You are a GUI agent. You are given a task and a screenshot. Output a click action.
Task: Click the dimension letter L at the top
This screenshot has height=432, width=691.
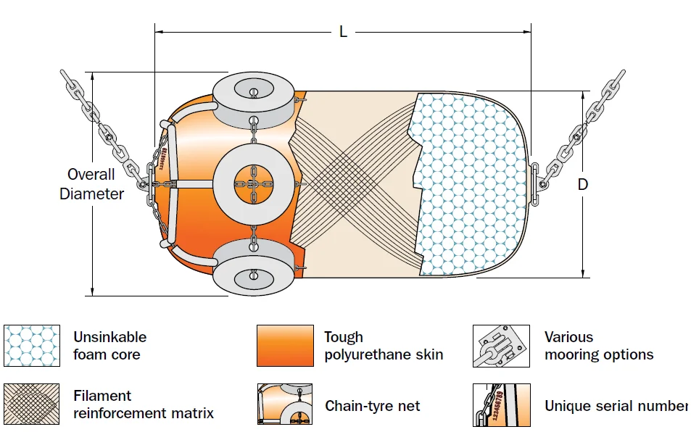[x=343, y=32]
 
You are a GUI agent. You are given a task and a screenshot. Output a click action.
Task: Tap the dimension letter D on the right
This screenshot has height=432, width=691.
[x=582, y=184]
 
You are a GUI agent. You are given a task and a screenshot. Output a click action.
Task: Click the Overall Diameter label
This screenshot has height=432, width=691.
[x=91, y=184]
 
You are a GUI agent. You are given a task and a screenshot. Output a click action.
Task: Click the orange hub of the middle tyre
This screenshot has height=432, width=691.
[x=253, y=185]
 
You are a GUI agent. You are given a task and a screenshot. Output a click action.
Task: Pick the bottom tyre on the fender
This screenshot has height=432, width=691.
[x=254, y=267]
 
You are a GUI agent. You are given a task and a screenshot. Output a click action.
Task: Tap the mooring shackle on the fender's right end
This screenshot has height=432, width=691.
[x=534, y=184]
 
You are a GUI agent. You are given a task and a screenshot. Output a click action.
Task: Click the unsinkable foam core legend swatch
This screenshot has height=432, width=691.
[x=32, y=346]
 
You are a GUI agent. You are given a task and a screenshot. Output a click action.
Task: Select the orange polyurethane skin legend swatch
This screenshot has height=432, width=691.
[x=285, y=346]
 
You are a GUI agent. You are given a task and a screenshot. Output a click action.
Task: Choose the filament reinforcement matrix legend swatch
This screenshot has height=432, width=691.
[x=31, y=404]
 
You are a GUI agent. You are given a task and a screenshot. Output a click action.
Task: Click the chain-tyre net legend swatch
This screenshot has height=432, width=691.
[x=285, y=404]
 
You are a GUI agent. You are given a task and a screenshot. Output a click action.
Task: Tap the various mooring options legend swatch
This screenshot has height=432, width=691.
[x=501, y=346]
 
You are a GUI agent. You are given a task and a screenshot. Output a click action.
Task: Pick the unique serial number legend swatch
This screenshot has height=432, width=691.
[x=502, y=404]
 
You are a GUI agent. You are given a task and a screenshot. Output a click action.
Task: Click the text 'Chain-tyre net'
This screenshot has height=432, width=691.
[x=373, y=406]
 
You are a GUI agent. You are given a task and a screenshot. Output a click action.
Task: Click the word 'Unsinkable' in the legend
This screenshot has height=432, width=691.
[x=109, y=337]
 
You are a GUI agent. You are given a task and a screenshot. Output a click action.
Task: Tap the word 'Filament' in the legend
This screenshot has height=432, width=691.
[x=102, y=396]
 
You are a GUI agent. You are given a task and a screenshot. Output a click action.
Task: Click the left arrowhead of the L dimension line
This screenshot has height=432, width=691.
[x=160, y=32]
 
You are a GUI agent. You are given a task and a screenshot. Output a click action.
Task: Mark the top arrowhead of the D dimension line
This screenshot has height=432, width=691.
[x=583, y=96]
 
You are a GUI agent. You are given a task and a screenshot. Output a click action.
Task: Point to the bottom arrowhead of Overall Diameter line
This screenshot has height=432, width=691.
[x=92, y=291]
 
